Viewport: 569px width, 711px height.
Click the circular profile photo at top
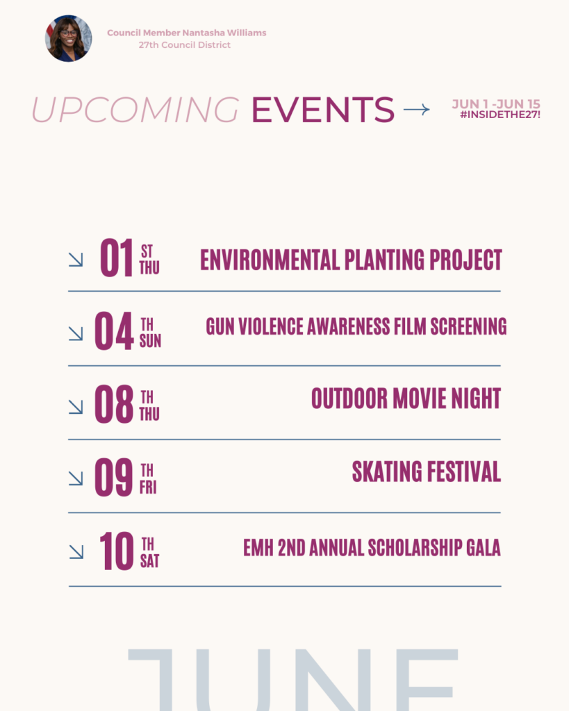click(x=69, y=39)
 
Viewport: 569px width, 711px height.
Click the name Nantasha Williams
click(x=224, y=33)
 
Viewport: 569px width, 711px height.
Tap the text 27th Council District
click(x=185, y=45)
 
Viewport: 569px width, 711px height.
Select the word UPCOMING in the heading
click(x=135, y=109)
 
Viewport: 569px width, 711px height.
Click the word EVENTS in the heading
click(x=323, y=109)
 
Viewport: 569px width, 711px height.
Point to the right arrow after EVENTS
click(x=417, y=109)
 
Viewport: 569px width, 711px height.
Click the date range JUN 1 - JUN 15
click(x=496, y=104)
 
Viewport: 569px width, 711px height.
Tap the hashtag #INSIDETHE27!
click(x=500, y=115)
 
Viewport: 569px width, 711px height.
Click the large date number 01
click(x=117, y=258)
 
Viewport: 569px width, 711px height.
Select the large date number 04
click(x=114, y=331)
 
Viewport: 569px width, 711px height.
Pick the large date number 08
click(x=114, y=404)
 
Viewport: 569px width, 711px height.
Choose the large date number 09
click(x=114, y=477)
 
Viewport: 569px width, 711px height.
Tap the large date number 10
click(x=117, y=551)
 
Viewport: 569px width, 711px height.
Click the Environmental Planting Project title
click(x=352, y=260)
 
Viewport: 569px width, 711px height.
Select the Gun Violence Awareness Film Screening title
click(x=356, y=326)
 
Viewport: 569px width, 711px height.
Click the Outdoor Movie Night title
click(x=406, y=399)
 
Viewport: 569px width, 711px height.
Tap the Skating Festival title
click(x=427, y=471)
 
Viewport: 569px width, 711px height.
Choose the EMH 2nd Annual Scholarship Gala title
click(x=372, y=547)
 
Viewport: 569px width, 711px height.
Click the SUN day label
click(x=150, y=341)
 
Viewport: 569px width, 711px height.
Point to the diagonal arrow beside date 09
click(x=76, y=478)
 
